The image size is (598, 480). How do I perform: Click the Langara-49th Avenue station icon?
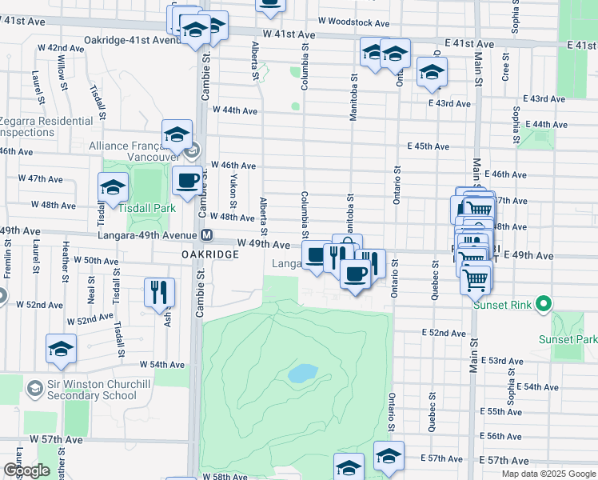coord(206,235)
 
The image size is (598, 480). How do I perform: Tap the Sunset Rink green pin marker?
coord(544,304)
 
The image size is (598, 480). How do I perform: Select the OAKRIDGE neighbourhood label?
coord(204,254)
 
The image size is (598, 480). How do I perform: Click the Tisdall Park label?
coord(148,206)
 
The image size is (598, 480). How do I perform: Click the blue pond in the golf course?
coord(303,373)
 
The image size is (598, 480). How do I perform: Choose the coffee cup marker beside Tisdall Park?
coord(187,180)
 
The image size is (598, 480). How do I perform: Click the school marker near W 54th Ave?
coord(60,348)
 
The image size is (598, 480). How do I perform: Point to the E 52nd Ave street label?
coord(444,333)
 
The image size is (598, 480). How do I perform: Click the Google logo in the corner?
coord(26,470)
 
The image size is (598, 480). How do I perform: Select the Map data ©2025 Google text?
coord(548,474)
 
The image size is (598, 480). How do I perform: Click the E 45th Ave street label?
coord(428,146)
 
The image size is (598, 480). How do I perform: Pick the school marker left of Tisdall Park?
coord(114,187)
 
